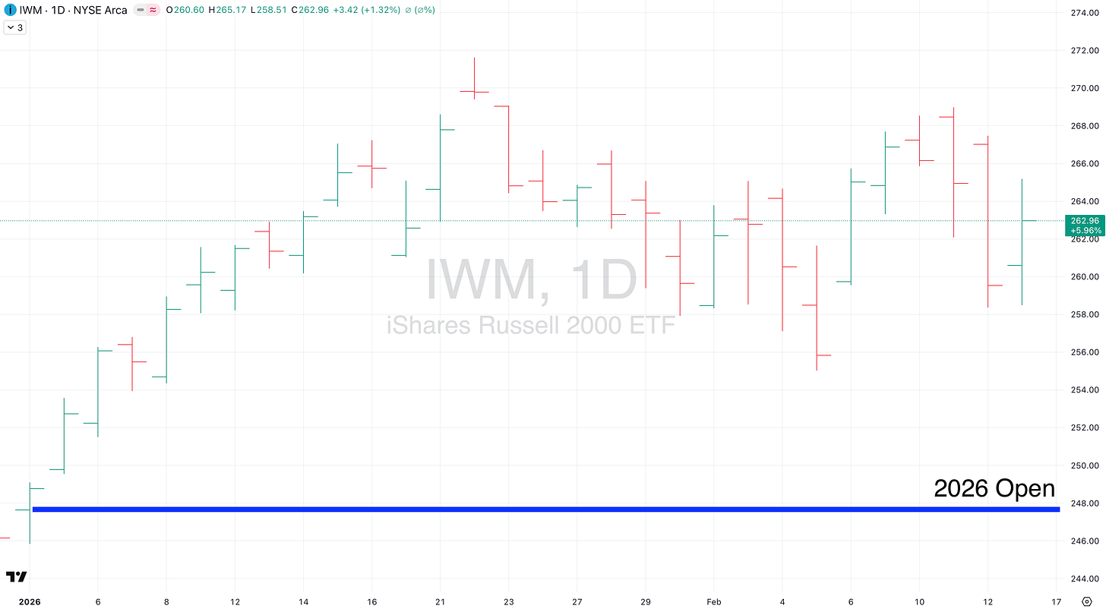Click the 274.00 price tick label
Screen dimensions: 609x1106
pos(1084,13)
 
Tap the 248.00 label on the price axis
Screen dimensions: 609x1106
pos(1084,503)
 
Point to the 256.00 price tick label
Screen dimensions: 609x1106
pos(1084,352)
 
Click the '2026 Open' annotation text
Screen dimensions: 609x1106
pos(994,488)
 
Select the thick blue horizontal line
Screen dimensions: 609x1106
pos(532,509)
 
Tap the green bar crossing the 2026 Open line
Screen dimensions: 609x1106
pos(30,513)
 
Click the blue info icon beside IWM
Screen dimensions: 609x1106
pos(10,11)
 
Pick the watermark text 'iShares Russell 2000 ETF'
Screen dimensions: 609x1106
pos(531,326)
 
